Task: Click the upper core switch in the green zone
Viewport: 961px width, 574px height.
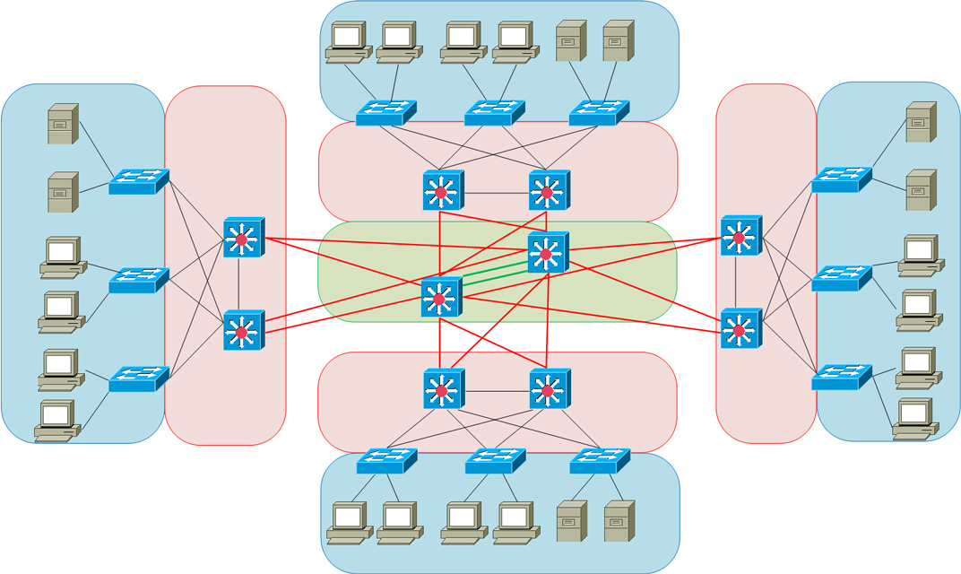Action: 547,253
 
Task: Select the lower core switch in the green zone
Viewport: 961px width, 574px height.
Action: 440,297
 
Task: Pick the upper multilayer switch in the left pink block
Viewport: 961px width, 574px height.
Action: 242,238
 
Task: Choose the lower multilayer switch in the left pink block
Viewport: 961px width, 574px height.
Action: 242,331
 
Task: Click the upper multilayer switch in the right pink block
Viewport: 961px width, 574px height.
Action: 740,236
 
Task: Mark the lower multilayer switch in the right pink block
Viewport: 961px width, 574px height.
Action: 740,329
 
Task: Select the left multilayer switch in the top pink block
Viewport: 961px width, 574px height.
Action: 441,191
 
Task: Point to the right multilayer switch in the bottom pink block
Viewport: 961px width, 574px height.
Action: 548,389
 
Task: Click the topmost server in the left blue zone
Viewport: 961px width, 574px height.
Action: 62,124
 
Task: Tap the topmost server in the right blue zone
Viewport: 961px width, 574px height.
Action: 921,122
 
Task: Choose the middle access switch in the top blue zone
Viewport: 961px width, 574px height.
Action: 493,113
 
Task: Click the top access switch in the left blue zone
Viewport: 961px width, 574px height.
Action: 138,182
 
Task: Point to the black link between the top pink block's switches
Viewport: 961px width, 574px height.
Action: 494,193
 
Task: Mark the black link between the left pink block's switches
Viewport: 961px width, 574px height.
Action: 239,284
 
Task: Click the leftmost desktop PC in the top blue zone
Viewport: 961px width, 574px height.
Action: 347,42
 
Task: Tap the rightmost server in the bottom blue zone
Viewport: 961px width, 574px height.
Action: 619,521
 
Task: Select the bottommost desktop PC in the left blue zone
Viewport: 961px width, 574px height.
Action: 56,421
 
